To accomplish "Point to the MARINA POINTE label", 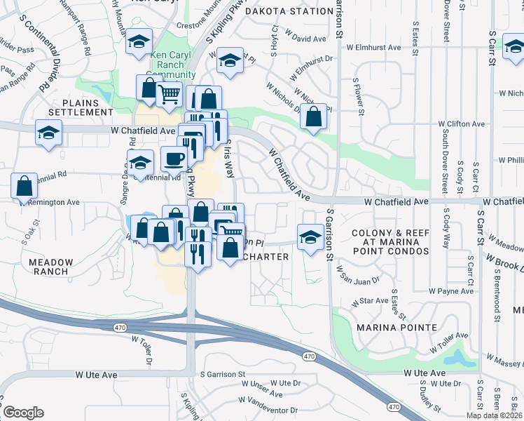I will [x=396, y=328].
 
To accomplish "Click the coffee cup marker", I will [x=174, y=159].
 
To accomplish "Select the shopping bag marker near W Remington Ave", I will [x=24, y=186].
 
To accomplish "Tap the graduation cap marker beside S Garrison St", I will [x=310, y=236].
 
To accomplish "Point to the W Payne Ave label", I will [x=452, y=290].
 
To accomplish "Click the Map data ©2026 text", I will [x=494, y=415].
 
